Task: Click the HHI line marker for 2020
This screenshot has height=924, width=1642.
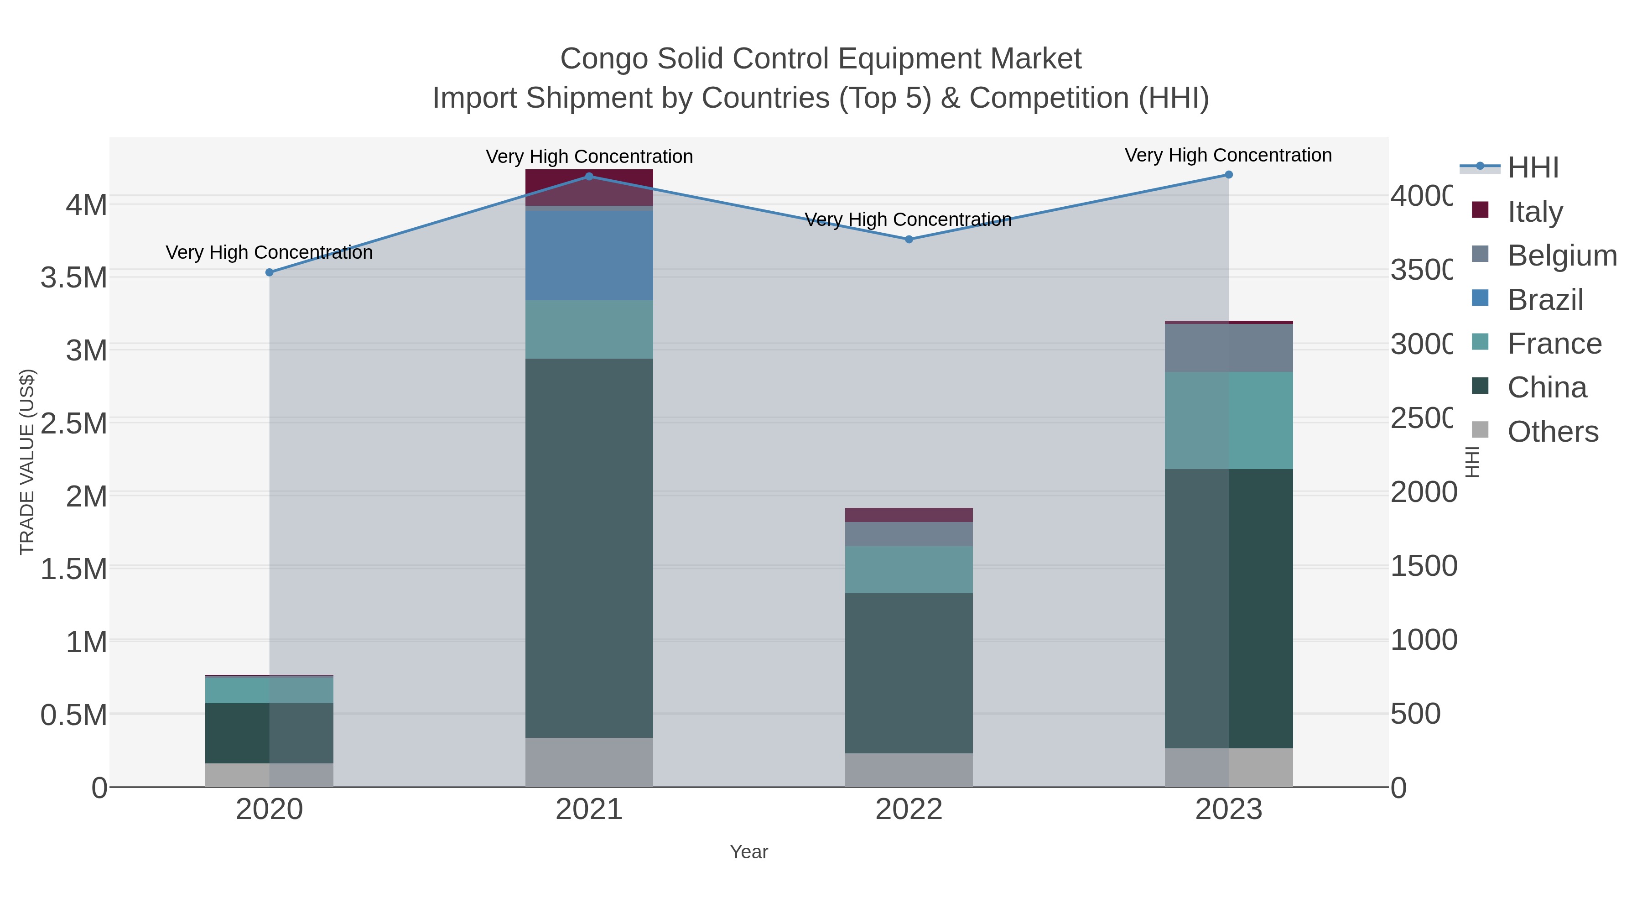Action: click(x=269, y=272)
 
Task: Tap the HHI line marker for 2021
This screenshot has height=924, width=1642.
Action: click(x=589, y=177)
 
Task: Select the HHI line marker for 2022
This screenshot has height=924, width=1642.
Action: click(x=909, y=239)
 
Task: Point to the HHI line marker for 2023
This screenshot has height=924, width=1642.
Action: click(x=1229, y=175)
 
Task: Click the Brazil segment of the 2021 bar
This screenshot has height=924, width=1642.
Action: click(x=589, y=255)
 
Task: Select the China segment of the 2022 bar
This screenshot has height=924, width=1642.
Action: click(x=909, y=673)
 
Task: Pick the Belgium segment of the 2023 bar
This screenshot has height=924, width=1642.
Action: click(x=1229, y=348)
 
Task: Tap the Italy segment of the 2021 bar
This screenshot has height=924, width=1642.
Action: click(x=589, y=187)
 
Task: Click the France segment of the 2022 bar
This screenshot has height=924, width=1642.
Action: click(x=909, y=569)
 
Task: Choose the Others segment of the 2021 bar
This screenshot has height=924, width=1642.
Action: click(x=589, y=762)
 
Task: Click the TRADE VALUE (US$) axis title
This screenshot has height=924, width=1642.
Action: click(x=27, y=462)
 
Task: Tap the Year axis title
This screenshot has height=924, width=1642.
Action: click(x=749, y=852)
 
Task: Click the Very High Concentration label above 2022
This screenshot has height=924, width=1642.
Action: click(x=908, y=220)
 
